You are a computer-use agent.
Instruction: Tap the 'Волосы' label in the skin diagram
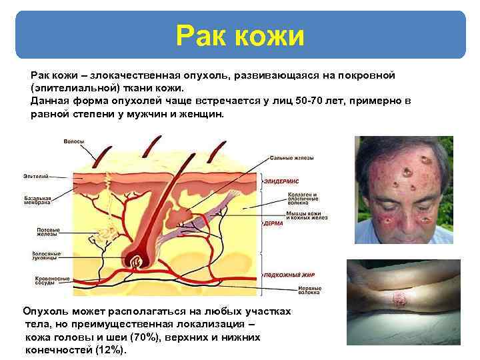[73, 141]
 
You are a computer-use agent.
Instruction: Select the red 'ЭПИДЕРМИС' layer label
[281, 181]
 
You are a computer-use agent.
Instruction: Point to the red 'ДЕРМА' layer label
[273, 223]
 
